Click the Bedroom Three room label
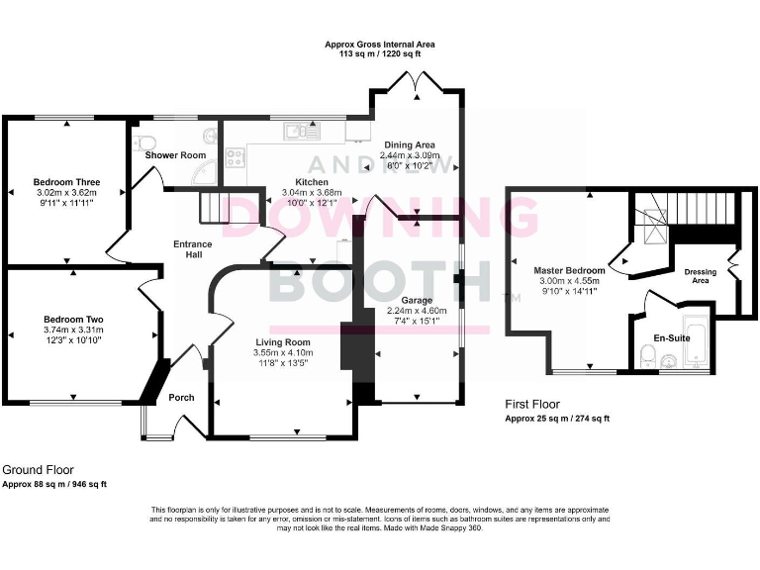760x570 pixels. (66, 182)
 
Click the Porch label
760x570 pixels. (181, 398)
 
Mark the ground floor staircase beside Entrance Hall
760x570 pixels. (215, 207)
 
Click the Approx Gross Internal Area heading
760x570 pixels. (380, 45)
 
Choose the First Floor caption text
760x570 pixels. (532, 404)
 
